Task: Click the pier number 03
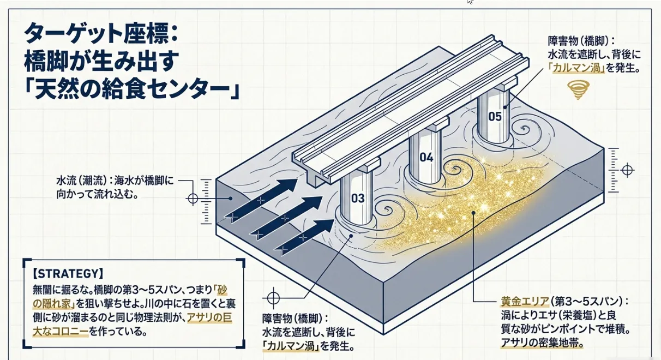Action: [x=358, y=199]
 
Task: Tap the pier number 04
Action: [x=426, y=158]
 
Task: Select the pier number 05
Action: [x=495, y=116]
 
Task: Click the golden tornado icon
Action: [x=576, y=89]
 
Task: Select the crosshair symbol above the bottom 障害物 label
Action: [x=272, y=298]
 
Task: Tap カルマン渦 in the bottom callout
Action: [x=290, y=345]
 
